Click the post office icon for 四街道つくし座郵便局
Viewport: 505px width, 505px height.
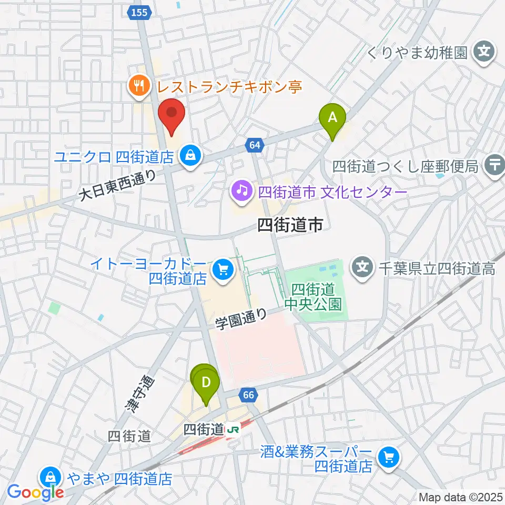(495, 166)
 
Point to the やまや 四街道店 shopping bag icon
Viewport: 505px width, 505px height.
(49, 479)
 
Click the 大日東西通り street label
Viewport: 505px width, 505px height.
(118, 186)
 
